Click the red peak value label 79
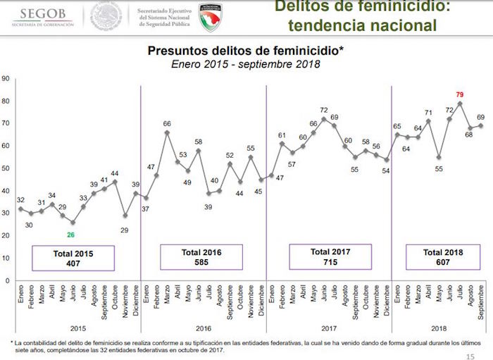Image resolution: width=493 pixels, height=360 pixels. [x=458, y=94]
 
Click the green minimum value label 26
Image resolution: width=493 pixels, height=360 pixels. [x=71, y=235]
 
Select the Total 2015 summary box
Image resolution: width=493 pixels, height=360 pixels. [x=73, y=258]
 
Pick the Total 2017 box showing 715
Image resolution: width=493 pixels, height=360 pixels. [x=330, y=257]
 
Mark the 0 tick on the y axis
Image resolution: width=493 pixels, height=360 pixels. [x=7, y=280]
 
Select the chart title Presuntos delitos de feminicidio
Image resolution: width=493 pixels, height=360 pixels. [x=245, y=51]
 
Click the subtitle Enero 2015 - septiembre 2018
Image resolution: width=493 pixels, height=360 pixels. [x=245, y=64]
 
